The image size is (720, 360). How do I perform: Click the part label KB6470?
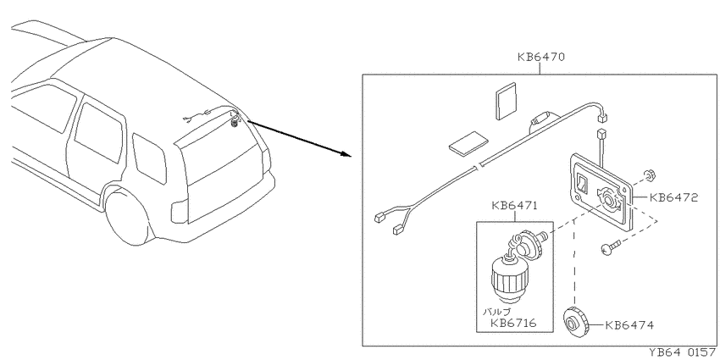[540, 58]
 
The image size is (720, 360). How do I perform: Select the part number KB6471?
[515, 205]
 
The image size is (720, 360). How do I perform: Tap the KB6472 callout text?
[673, 198]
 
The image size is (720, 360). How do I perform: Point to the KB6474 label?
[629, 325]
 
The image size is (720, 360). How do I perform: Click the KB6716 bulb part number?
[513, 323]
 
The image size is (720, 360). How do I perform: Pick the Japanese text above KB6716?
[496, 312]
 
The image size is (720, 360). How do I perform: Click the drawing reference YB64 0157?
[684, 352]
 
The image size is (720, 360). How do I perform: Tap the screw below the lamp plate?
[610, 247]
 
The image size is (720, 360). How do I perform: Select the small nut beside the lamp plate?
[650, 174]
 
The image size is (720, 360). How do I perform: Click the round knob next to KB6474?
[575, 322]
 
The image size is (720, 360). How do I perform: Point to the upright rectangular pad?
[507, 101]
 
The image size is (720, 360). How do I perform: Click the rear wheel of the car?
[126, 216]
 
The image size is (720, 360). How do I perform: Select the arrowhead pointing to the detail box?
[345, 154]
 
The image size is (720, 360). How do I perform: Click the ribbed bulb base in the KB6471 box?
[508, 282]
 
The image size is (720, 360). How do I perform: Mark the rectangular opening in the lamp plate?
[582, 183]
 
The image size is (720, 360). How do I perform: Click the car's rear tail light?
[180, 210]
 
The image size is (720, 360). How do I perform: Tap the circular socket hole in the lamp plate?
[609, 201]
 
